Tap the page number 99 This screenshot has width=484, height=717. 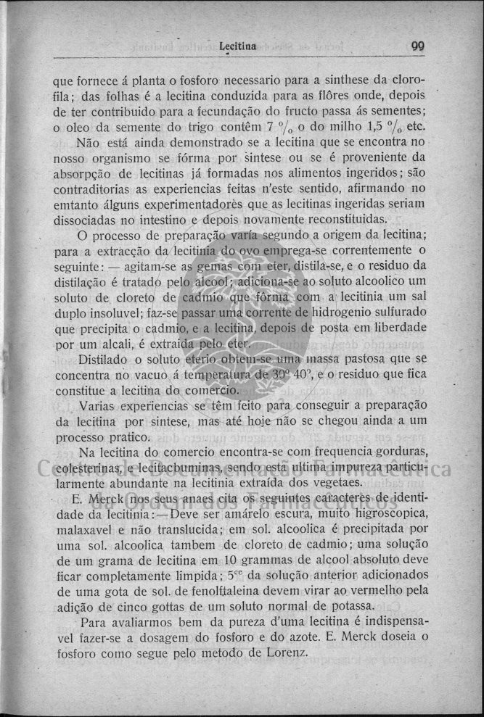pos(417,46)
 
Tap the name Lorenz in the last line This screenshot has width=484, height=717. pos(287,652)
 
